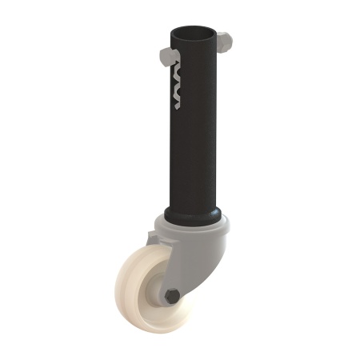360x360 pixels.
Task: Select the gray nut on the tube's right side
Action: click(224, 41)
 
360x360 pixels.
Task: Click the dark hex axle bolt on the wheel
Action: click(171, 297)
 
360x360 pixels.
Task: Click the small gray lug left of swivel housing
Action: click(152, 238)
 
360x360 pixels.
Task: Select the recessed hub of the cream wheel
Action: click(156, 293)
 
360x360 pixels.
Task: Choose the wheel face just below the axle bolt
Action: click(170, 314)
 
